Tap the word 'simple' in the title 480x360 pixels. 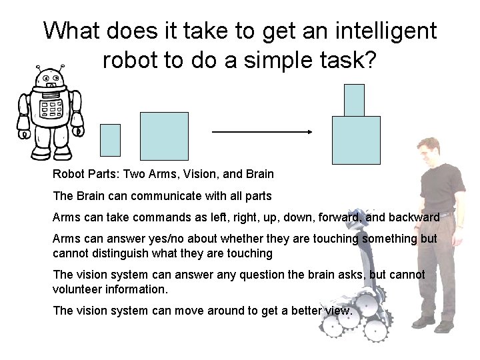(265, 60)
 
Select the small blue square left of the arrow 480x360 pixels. (110, 140)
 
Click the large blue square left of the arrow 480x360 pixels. (164, 136)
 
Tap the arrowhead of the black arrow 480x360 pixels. (309, 132)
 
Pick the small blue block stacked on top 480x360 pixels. (354, 100)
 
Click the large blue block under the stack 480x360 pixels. (356, 140)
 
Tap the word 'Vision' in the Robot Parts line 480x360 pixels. (202, 175)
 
